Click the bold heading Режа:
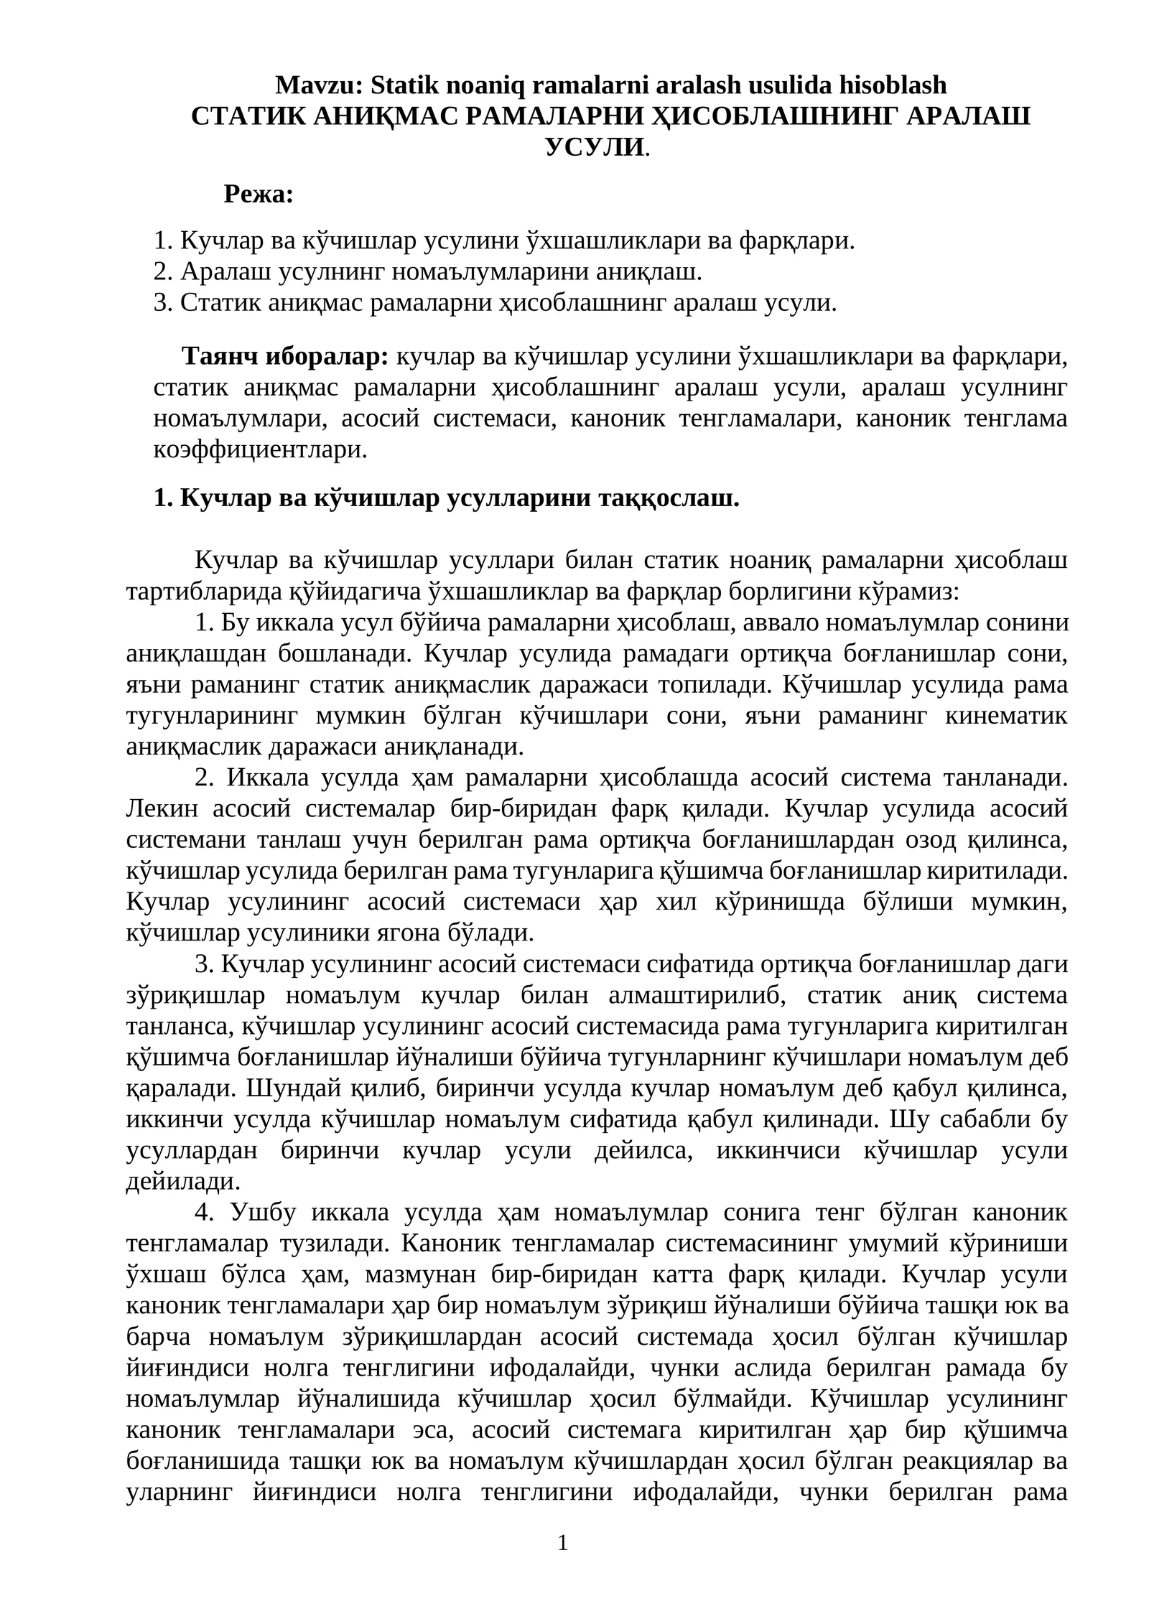point(259,194)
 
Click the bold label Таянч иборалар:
point(285,356)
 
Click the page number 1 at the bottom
point(563,1541)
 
